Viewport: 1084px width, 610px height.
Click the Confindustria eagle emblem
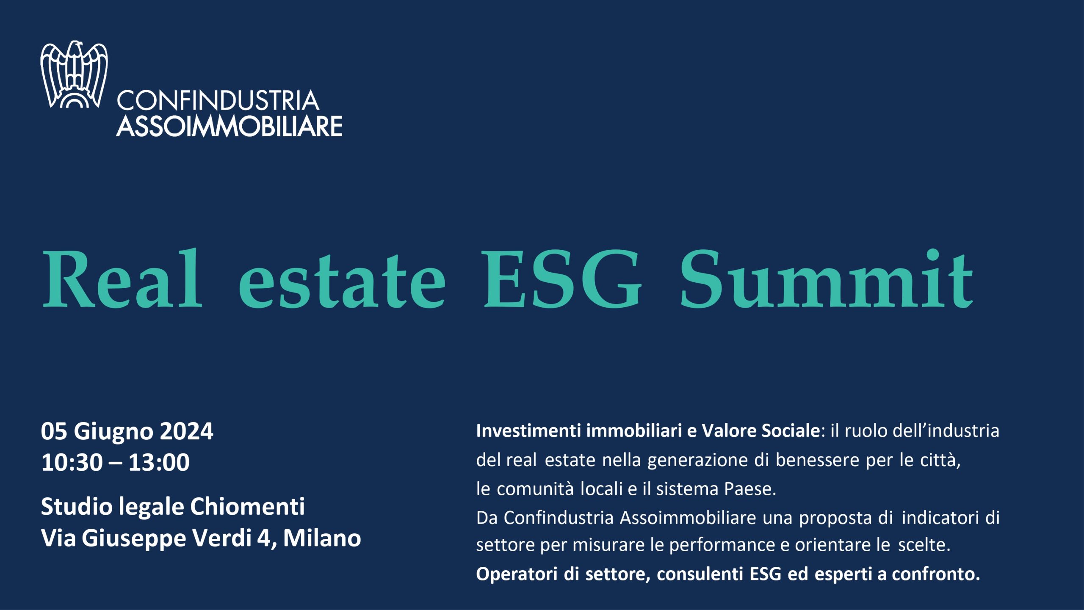click(74, 75)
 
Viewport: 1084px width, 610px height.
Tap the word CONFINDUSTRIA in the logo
click(218, 101)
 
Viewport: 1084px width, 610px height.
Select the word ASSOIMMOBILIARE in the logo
click(229, 126)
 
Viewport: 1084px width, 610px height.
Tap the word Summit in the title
click(826, 278)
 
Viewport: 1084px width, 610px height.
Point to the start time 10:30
click(72, 462)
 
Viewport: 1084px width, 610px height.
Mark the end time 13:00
click(159, 462)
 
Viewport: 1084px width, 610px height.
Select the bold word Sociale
click(791, 431)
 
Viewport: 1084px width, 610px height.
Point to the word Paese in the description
click(749, 489)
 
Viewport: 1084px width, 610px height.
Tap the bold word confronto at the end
click(936, 574)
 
